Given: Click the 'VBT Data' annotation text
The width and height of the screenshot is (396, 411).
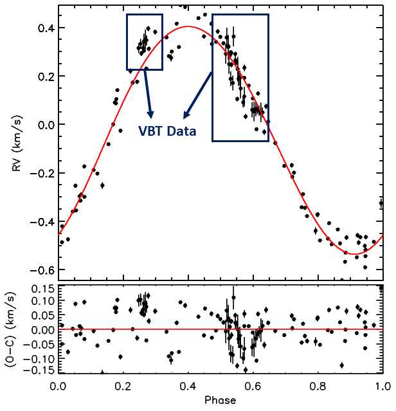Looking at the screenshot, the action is click(x=167, y=131).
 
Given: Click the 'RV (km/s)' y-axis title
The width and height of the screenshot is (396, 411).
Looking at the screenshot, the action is click(x=17, y=143).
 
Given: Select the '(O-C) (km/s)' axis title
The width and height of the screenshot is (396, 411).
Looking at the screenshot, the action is click(x=10, y=329).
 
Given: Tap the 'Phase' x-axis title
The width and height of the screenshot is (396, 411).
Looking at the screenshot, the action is click(x=221, y=400).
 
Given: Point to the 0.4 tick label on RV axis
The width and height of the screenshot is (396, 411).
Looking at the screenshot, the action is click(x=46, y=28).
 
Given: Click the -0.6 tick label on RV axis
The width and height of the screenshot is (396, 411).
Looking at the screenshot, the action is click(x=42, y=269).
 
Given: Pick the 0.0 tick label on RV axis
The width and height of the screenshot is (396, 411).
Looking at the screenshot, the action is click(x=46, y=125).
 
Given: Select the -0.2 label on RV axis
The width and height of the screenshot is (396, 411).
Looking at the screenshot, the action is click(x=42, y=173).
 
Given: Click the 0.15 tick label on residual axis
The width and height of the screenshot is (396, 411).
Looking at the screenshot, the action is click(x=43, y=289).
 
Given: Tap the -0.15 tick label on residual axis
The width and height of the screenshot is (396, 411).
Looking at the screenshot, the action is click(x=40, y=370).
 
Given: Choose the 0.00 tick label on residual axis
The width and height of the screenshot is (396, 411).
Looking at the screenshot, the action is click(x=43, y=329).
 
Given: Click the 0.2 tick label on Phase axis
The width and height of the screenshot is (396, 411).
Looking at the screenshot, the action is click(x=123, y=387).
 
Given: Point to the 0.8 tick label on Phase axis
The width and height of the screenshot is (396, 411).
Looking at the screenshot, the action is click(x=318, y=387).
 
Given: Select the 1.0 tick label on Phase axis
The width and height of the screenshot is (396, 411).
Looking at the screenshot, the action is click(x=382, y=387).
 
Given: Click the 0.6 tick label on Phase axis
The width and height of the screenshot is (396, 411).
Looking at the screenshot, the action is click(x=253, y=387).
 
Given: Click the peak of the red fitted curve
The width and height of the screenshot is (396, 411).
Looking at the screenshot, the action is click(x=188, y=26).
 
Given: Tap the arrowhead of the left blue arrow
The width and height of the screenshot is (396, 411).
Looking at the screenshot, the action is click(x=150, y=114).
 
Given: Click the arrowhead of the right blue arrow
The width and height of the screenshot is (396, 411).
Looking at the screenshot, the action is click(x=185, y=115).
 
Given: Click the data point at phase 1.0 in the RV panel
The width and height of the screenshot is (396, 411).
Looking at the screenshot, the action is click(x=381, y=203).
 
